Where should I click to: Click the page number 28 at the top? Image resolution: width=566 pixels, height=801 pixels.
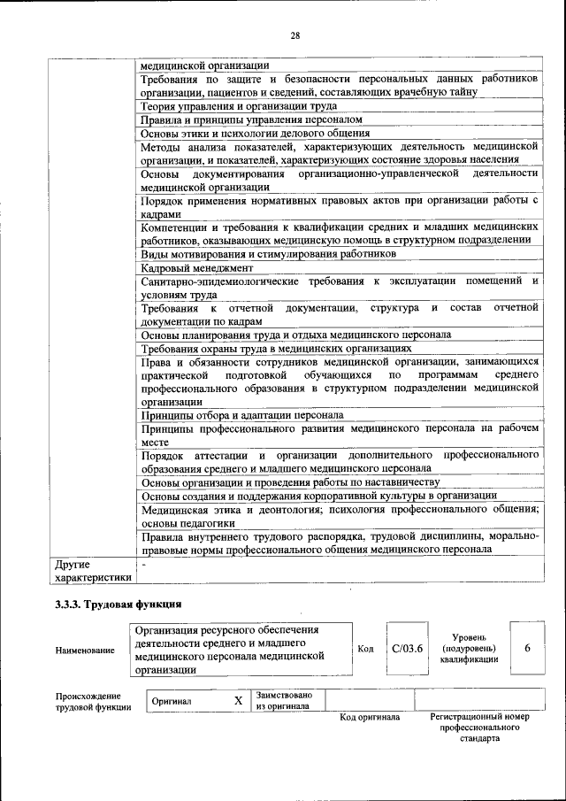(295, 35)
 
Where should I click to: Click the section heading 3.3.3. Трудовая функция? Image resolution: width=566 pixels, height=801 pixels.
(118, 605)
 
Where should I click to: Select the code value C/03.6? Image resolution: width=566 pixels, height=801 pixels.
(407, 649)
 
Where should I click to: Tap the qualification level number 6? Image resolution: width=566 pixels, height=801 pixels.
(527, 648)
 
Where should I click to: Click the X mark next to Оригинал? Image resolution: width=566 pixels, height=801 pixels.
(237, 700)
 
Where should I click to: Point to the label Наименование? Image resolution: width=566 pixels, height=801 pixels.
(85, 651)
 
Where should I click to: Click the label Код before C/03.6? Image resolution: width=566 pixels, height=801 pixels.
(365, 649)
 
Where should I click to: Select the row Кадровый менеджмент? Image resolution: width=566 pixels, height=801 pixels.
(197, 267)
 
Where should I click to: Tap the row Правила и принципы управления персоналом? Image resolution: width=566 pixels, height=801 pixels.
(251, 119)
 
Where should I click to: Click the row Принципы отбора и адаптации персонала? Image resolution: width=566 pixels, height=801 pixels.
(242, 414)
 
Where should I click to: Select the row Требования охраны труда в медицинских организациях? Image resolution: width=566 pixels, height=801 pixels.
(277, 349)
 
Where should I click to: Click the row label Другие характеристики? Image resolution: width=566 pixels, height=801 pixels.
(93, 570)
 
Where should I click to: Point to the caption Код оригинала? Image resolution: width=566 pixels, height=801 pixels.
(370, 717)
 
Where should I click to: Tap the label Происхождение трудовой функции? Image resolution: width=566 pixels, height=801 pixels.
(89, 701)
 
